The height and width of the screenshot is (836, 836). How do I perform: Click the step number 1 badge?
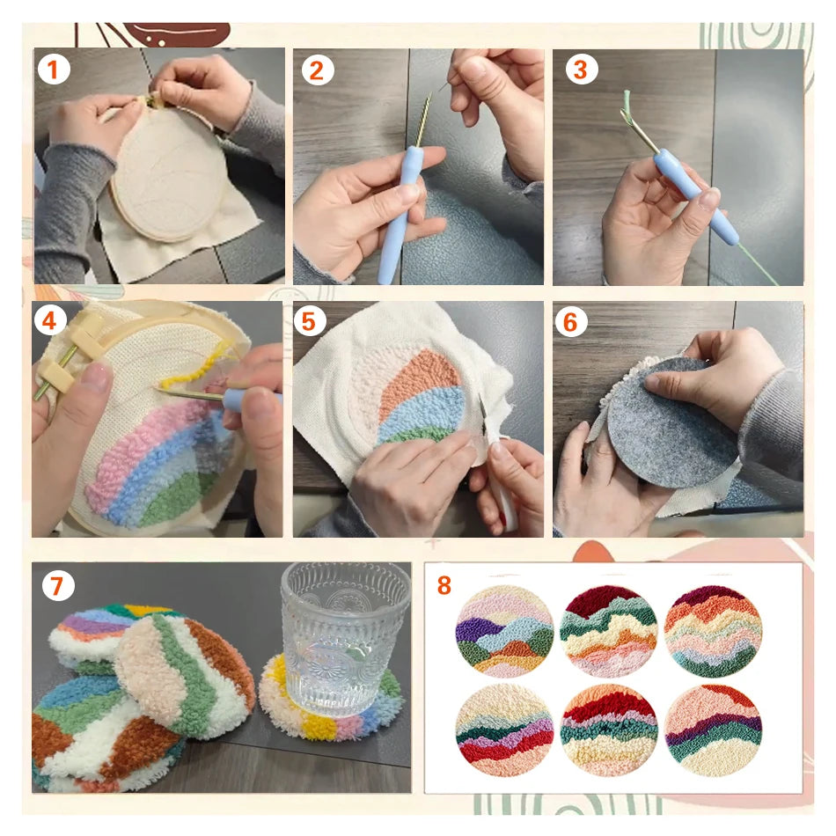pyautogui.click(x=53, y=69)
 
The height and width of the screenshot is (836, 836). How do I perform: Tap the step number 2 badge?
pyautogui.click(x=315, y=69)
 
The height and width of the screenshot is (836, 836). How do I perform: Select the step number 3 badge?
pyautogui.click(x=579, y=69)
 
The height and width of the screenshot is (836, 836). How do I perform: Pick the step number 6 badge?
pyautogui.click(x=570, y=321)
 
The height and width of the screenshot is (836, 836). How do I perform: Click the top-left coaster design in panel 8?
pyautogui.click(x=504, y=631)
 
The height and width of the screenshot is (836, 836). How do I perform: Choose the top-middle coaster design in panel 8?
pyautogui.click(x=610, y=631)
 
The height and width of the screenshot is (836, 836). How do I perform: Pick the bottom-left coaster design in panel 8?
pyautogui.click(x=504, y=730)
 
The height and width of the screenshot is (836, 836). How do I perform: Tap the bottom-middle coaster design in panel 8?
pyautogui.click(x=610, y=730)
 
